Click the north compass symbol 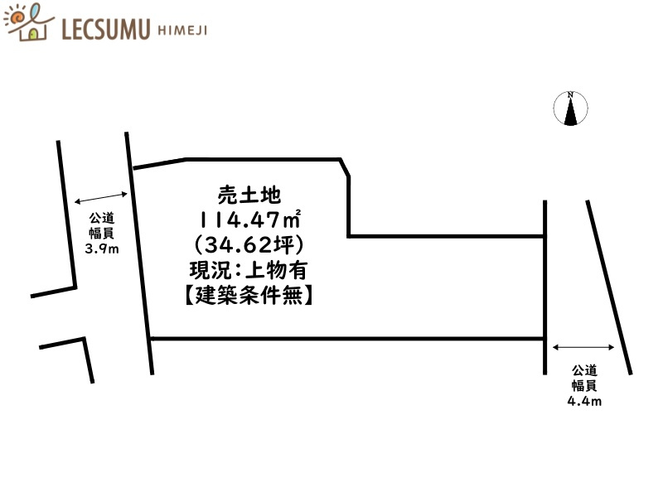[x=570, y=109]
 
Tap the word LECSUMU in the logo [x=105, y=31]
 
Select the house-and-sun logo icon [x=29, y=23]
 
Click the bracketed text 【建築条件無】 [x=249, y=294]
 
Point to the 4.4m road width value [x=583, y=402]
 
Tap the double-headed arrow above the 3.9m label [x=100, y=198]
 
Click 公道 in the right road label [x=583, y=370]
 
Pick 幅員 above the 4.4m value [x=583, y=386]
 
